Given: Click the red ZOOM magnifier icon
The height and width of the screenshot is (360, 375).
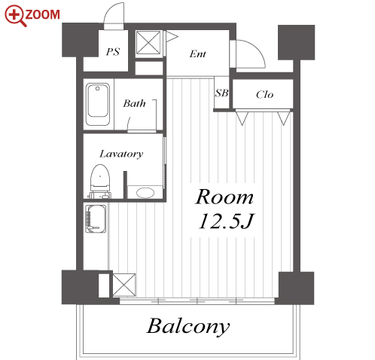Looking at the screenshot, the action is [15, 16].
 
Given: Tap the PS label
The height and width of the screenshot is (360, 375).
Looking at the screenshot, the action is [113, 52].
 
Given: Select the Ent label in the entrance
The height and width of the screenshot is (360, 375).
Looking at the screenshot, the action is [198, 53].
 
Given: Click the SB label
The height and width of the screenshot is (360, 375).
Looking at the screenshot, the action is [221, 93].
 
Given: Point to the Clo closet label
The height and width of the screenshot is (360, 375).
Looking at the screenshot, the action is [264, 95].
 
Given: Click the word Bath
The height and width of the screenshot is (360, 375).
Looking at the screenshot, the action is [134, 103].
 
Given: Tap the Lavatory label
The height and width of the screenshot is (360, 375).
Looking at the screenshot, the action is [121, 154].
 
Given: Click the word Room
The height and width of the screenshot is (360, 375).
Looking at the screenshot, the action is [224, 197].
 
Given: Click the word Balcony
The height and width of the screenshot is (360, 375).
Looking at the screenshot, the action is [188, 326].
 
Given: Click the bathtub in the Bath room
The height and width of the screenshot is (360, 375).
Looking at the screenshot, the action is [98, 104].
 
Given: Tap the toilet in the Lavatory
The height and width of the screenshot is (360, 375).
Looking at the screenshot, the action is [100, 182].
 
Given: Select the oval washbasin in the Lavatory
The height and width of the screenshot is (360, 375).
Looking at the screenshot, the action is [145, 193].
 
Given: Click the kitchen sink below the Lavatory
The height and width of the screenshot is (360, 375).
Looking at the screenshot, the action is [96, 218].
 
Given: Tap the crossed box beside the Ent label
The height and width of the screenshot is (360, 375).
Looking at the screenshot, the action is [148, 42].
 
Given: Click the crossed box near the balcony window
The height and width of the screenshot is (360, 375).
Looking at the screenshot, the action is [124, 285].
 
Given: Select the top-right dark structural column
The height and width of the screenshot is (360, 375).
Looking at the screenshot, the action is [296, 42].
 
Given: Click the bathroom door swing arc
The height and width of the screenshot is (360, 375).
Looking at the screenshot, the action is [129, 123].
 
